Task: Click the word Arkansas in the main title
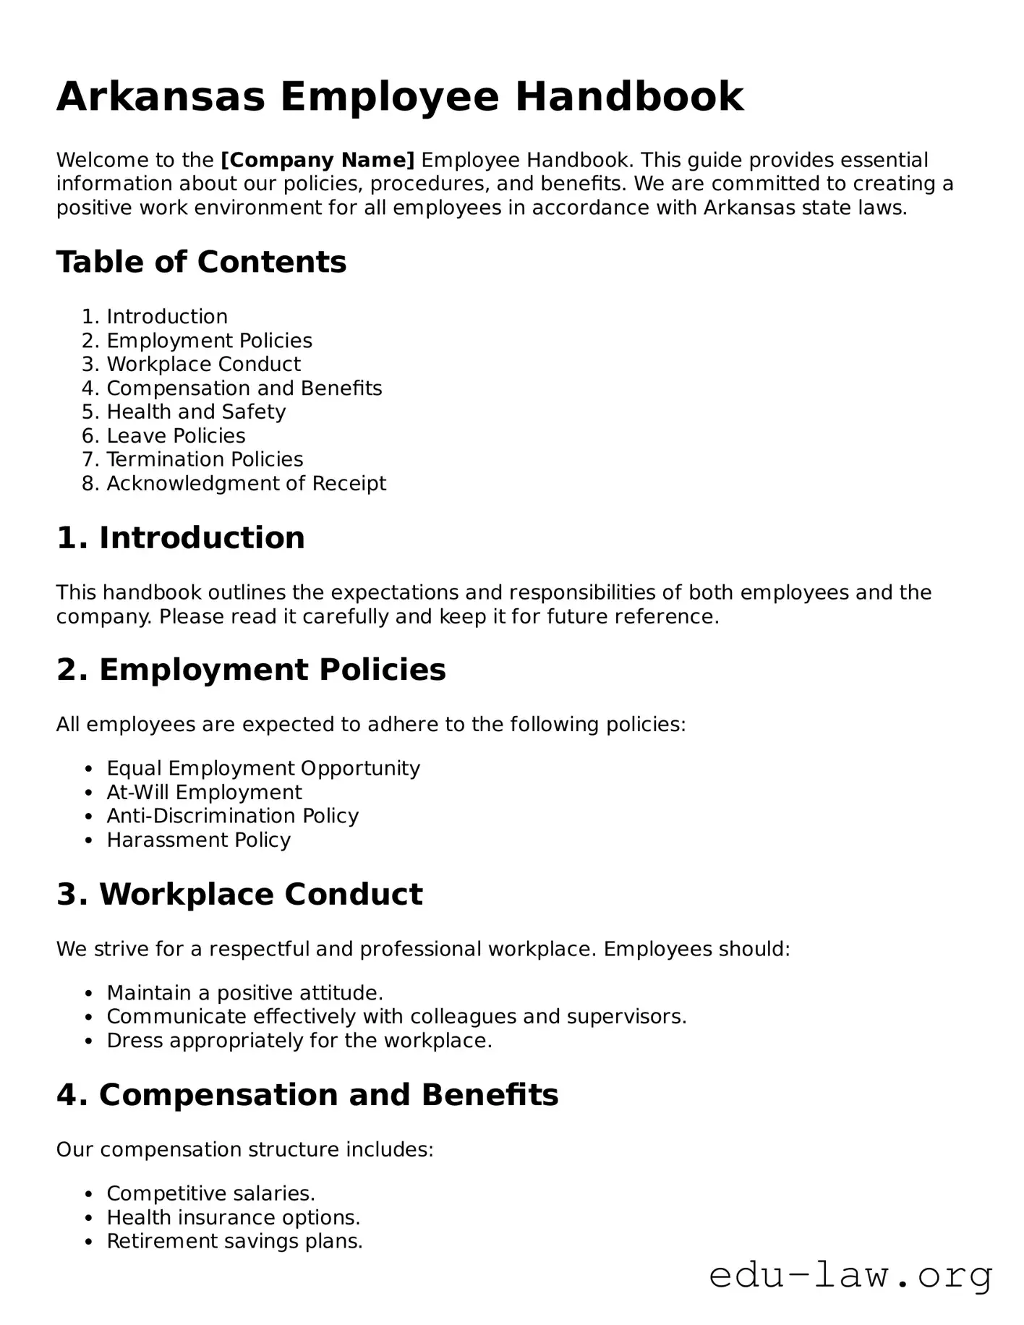pos(161,97)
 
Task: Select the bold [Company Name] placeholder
pos(317,160)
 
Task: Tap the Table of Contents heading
pos(201,262)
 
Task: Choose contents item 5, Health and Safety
pos(196,412)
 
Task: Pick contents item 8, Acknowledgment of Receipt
pos(246,483)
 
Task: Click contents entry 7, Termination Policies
pos(205,459)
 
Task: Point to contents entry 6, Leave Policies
pos(176,436)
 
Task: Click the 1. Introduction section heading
pos(181,538)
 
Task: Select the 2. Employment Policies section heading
pos(251,670)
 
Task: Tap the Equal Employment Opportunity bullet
pos(263,768)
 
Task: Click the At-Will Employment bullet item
pos(204,792)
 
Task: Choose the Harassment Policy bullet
pos(198,840)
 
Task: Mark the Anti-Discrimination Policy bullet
pos(232,816)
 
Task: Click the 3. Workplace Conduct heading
pos(239,895)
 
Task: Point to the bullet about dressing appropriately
pos(299,1041)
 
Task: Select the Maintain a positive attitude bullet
pos(244,993)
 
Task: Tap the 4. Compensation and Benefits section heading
pos(307,1095)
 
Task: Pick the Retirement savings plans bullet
pos(234,1241)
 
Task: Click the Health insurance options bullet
pos(233,1217)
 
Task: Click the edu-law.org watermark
pos(850,1276)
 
